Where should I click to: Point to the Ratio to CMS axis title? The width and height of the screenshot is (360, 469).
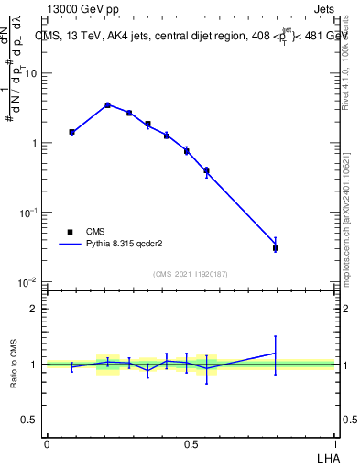(14, 365)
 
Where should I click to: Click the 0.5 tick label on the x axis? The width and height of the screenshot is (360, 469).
(191, 443)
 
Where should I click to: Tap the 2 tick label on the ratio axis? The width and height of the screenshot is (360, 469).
(35, 309)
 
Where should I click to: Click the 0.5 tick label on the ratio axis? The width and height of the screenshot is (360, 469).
(29, 420)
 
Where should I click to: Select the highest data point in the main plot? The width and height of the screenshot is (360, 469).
(108, 105)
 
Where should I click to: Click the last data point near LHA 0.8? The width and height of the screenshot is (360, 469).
(276, 247)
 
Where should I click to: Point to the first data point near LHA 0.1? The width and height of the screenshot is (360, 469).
(71, 132)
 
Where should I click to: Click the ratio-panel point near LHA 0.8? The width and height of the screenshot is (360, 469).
(276, 354)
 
